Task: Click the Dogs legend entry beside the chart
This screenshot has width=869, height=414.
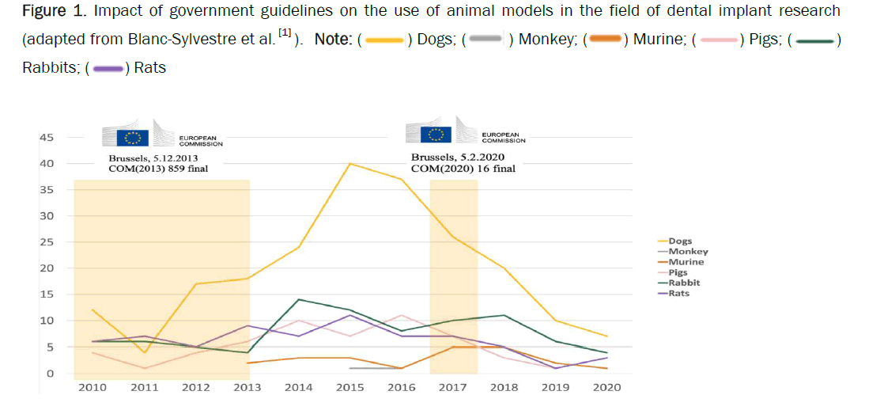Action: pyautogui.click(x=680, y=241)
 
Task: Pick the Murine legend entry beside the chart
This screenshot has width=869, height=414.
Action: pyautogui.click(x=686, y=262)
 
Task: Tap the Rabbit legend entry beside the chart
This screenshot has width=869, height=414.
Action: pyautogui.click(x=684, y=283)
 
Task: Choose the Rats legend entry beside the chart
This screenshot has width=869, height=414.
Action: pyautogui.click(x=679, y=294)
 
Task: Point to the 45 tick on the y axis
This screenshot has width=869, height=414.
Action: pyautogui.click(x=47, y=138)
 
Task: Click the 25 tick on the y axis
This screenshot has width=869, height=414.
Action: pyautogui.click(x=47, y=242)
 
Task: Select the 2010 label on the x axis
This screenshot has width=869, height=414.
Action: pyautogui.click(x=93, y=388)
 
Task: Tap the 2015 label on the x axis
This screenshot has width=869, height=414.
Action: pyautogui.click(x=349, y=388)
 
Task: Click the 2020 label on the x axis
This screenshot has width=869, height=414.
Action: pyautogui.click(x=606, y=388)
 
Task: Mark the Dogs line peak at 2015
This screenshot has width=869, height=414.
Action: pyautogui.click(x=349, y=164)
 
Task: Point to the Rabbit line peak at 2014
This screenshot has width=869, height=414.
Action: pyautogui.click(x=299, y=299)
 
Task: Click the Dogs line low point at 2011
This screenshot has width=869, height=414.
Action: pyautogui.click(x=145, y=352)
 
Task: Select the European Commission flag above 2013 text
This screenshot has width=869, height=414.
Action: pyautogui.click(x=133, y=138)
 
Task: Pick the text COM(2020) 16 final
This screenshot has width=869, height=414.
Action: pyautogui.click(x=463, y=169)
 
